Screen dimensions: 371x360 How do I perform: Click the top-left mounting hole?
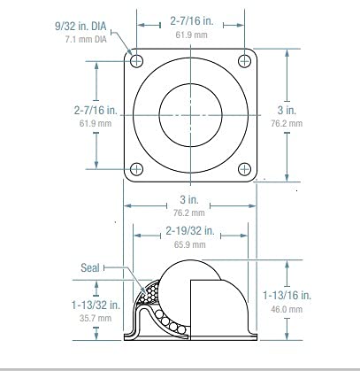click(x=135, y=60)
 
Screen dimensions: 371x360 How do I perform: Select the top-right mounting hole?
click(x=244, y=60)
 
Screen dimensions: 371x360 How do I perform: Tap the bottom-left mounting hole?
click(x=135, y=169)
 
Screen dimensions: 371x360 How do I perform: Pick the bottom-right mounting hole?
click(x=244, y=169)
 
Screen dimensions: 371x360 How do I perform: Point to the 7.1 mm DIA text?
click(x=89, y=41)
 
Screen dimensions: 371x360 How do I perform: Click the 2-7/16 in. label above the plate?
click(x=190, y=18)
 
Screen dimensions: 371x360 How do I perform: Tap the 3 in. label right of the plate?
click(x=286, y=110)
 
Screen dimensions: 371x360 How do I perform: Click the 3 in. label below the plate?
click(x=188, y=200)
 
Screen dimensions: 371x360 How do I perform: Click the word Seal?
click(x=89, y=267)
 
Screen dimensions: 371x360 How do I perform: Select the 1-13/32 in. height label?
click(x=92, y=304)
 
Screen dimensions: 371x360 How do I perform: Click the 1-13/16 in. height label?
click(x=286, y=296)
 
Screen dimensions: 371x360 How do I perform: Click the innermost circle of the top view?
click(x=189, y=115)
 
